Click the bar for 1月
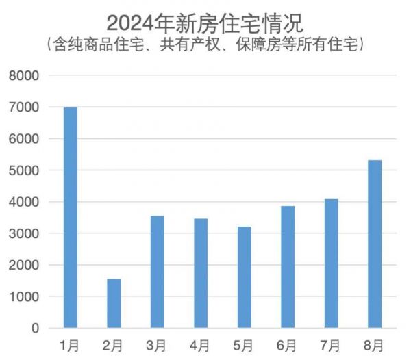coord(71,218)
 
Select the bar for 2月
coord(114,303)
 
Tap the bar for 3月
coord(157,272)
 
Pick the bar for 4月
coord(201,273)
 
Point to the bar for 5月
coord(244,277)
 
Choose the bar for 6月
coord(288,267)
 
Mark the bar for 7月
coord(331,263)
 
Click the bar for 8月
coord(375,244)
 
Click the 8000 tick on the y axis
coord(24,76)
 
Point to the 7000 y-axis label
coord(24,107)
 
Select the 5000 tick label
coord(24,170)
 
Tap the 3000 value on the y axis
coord(24,233)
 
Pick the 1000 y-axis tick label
coord(24,297)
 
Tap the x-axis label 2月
coord(114,344)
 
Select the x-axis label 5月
coord(244,344)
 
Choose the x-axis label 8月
coord(375,344)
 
